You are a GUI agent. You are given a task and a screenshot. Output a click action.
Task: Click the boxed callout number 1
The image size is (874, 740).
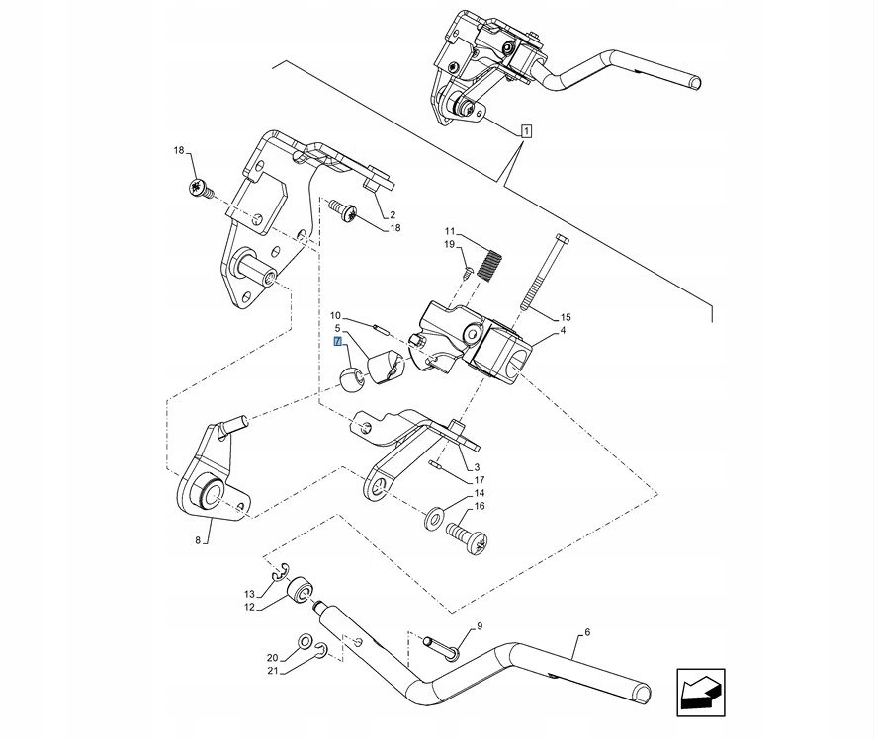point(526,131)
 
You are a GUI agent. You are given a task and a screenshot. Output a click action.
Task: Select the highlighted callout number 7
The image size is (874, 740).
point(338,342)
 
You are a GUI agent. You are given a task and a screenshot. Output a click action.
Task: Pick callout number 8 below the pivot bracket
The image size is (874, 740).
point(198,540)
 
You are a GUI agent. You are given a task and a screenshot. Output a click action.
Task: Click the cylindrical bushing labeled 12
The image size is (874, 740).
point(300,594)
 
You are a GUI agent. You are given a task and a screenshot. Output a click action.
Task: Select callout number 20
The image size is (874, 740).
point(271,657)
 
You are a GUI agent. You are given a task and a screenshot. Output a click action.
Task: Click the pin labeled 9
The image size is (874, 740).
point(439,643)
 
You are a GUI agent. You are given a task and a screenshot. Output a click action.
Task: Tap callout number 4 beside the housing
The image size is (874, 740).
point(562,332)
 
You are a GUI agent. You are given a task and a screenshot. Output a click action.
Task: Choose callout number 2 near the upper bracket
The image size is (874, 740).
point(393,214)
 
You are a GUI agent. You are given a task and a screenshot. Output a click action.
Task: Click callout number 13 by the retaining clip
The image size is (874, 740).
point(249,594)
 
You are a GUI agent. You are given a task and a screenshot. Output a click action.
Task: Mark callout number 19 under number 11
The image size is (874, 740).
point(448,244)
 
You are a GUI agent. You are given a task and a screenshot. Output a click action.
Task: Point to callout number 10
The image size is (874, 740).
point(335,314)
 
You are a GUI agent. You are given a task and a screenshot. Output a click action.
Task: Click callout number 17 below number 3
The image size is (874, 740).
point(479,480)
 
